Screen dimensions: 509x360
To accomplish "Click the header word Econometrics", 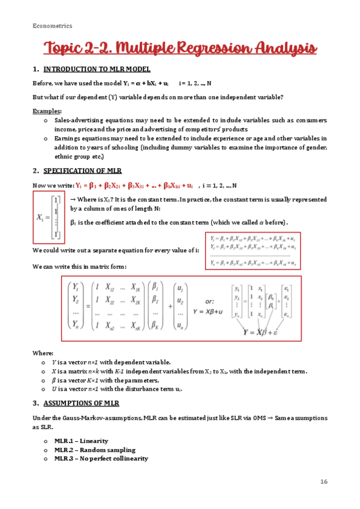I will (52, 26).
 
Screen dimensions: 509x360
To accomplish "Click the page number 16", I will (323, 481).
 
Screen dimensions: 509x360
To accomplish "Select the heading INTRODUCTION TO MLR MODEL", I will (97, 70).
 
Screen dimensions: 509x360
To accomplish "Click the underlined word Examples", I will (46, 111).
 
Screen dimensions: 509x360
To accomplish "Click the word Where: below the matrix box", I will (43, 354).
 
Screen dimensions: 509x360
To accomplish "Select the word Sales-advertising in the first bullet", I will (78, 120).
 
